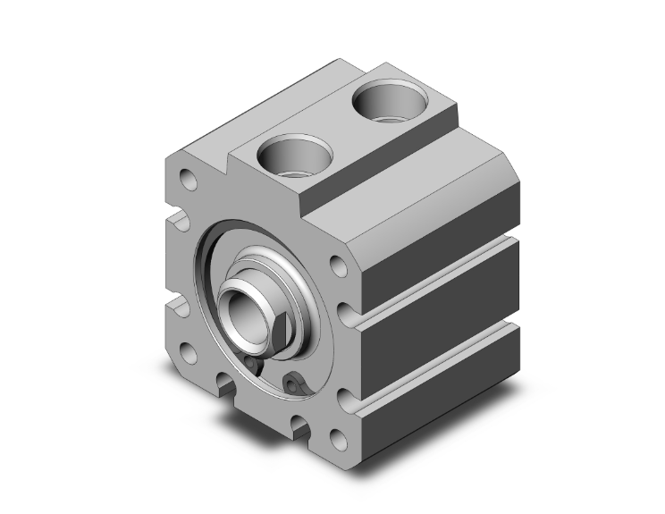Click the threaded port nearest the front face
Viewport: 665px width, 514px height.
[287, 159]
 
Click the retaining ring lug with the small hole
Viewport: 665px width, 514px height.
[293, 385]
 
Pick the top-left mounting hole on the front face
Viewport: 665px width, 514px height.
[189, 180]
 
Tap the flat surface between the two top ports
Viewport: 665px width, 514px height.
[335, 131]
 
